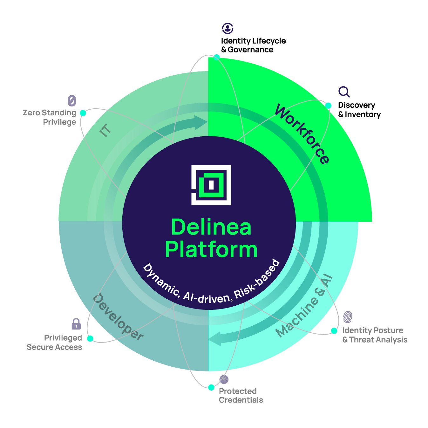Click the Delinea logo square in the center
pos(211,185)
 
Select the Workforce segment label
pos(302,134)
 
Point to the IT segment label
pos(105,130)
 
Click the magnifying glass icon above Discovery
pos(344,92)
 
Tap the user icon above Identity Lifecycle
pos(228,28)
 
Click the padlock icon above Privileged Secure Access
pos(76,324)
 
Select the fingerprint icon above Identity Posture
pos(348,317)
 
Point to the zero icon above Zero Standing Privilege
pos(72,101)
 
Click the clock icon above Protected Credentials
pos(224,379)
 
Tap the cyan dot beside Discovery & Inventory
pos(328,105)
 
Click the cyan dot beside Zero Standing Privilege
pos(83,113)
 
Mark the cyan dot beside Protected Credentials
pos(211,387)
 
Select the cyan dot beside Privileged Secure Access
pos(90,338)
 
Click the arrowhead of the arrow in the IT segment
pos(201,122)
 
